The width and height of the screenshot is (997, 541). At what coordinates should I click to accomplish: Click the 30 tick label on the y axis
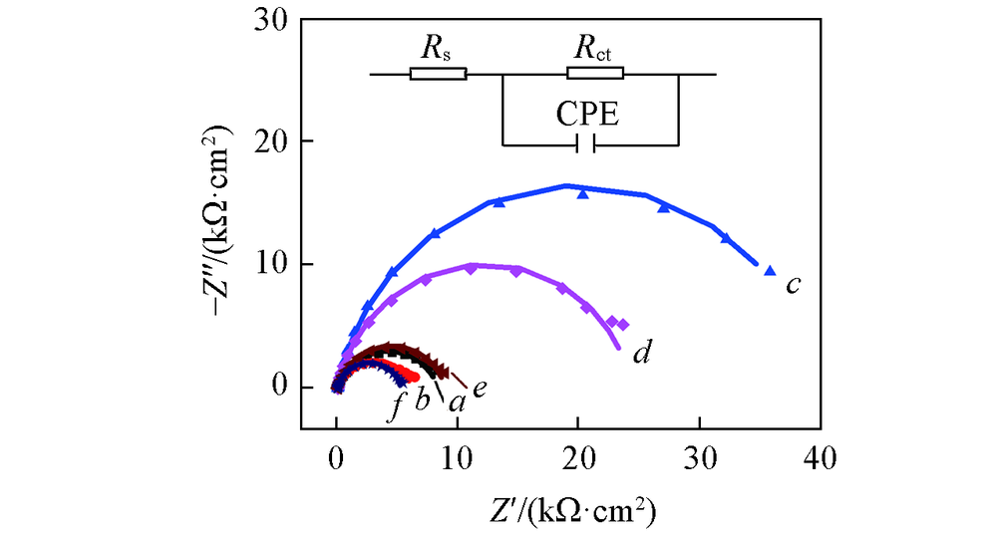tap(272, 20)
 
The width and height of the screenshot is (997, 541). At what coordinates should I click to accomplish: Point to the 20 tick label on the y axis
tap(272, 142)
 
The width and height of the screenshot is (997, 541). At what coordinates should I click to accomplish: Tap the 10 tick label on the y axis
tap(272, 265)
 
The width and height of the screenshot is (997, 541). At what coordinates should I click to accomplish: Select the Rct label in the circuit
tap(595, 47)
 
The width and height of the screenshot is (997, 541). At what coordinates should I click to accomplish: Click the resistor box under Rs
tap(438, 74)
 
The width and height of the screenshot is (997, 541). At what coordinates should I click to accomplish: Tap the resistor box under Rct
tap(595, 74)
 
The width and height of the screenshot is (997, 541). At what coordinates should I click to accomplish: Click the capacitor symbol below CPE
tap(587, 145)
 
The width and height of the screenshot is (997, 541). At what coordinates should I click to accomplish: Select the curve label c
tap(795, 286)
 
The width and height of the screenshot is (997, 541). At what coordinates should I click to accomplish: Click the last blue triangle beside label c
tap(769, 271)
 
